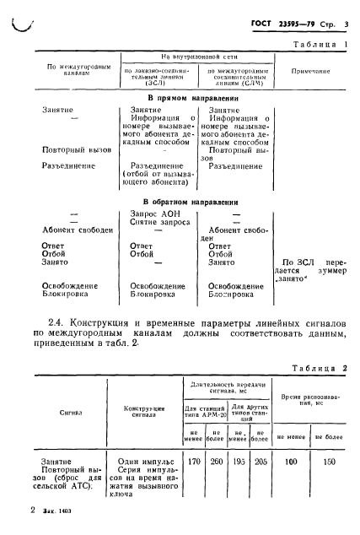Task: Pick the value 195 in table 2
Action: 239,462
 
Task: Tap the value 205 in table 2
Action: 261,462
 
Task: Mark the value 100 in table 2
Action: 290,462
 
